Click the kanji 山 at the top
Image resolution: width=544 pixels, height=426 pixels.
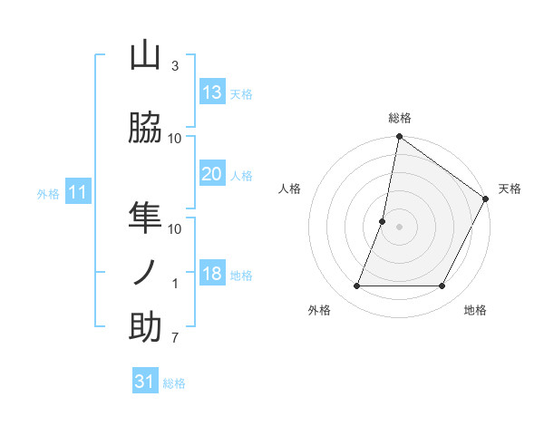click(145, 56)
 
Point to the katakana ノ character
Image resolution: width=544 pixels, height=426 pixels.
click(145, 272)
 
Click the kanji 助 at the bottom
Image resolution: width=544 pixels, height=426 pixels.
click(145, 326)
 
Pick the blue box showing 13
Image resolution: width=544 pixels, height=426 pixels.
click(212, 92)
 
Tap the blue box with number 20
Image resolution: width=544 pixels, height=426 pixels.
click(212, 174)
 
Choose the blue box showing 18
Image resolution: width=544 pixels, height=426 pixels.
click(212, 275)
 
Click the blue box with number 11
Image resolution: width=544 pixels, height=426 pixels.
click(78, 192)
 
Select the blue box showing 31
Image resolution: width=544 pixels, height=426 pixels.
click(145, 382)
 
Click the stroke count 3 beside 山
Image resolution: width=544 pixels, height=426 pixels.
click(175, 66)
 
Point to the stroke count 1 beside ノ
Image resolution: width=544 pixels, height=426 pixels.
click(175, 284)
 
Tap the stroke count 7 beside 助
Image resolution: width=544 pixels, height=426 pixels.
click(175, 338)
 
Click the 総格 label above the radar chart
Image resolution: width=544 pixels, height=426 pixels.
click(400, 119)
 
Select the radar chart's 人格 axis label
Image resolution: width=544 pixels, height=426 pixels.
click(290, 189)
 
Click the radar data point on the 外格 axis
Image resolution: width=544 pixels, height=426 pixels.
click(356, 286)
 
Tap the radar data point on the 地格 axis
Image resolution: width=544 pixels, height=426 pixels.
click(442, 286)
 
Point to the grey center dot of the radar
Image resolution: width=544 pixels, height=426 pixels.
click(400, 227)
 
